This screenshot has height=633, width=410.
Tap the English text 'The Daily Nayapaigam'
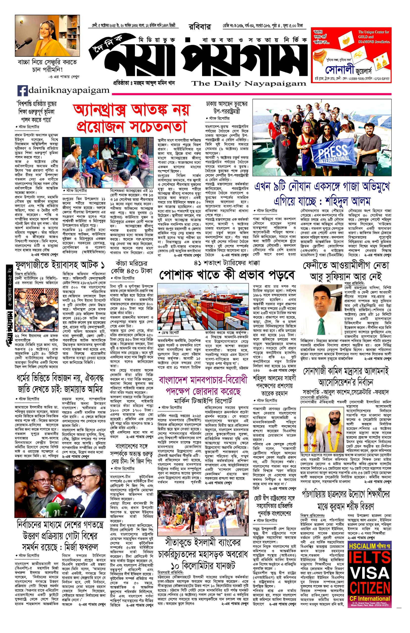(x=249, y=84)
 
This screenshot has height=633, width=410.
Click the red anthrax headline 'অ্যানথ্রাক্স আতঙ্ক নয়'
(x=131, y=110)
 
